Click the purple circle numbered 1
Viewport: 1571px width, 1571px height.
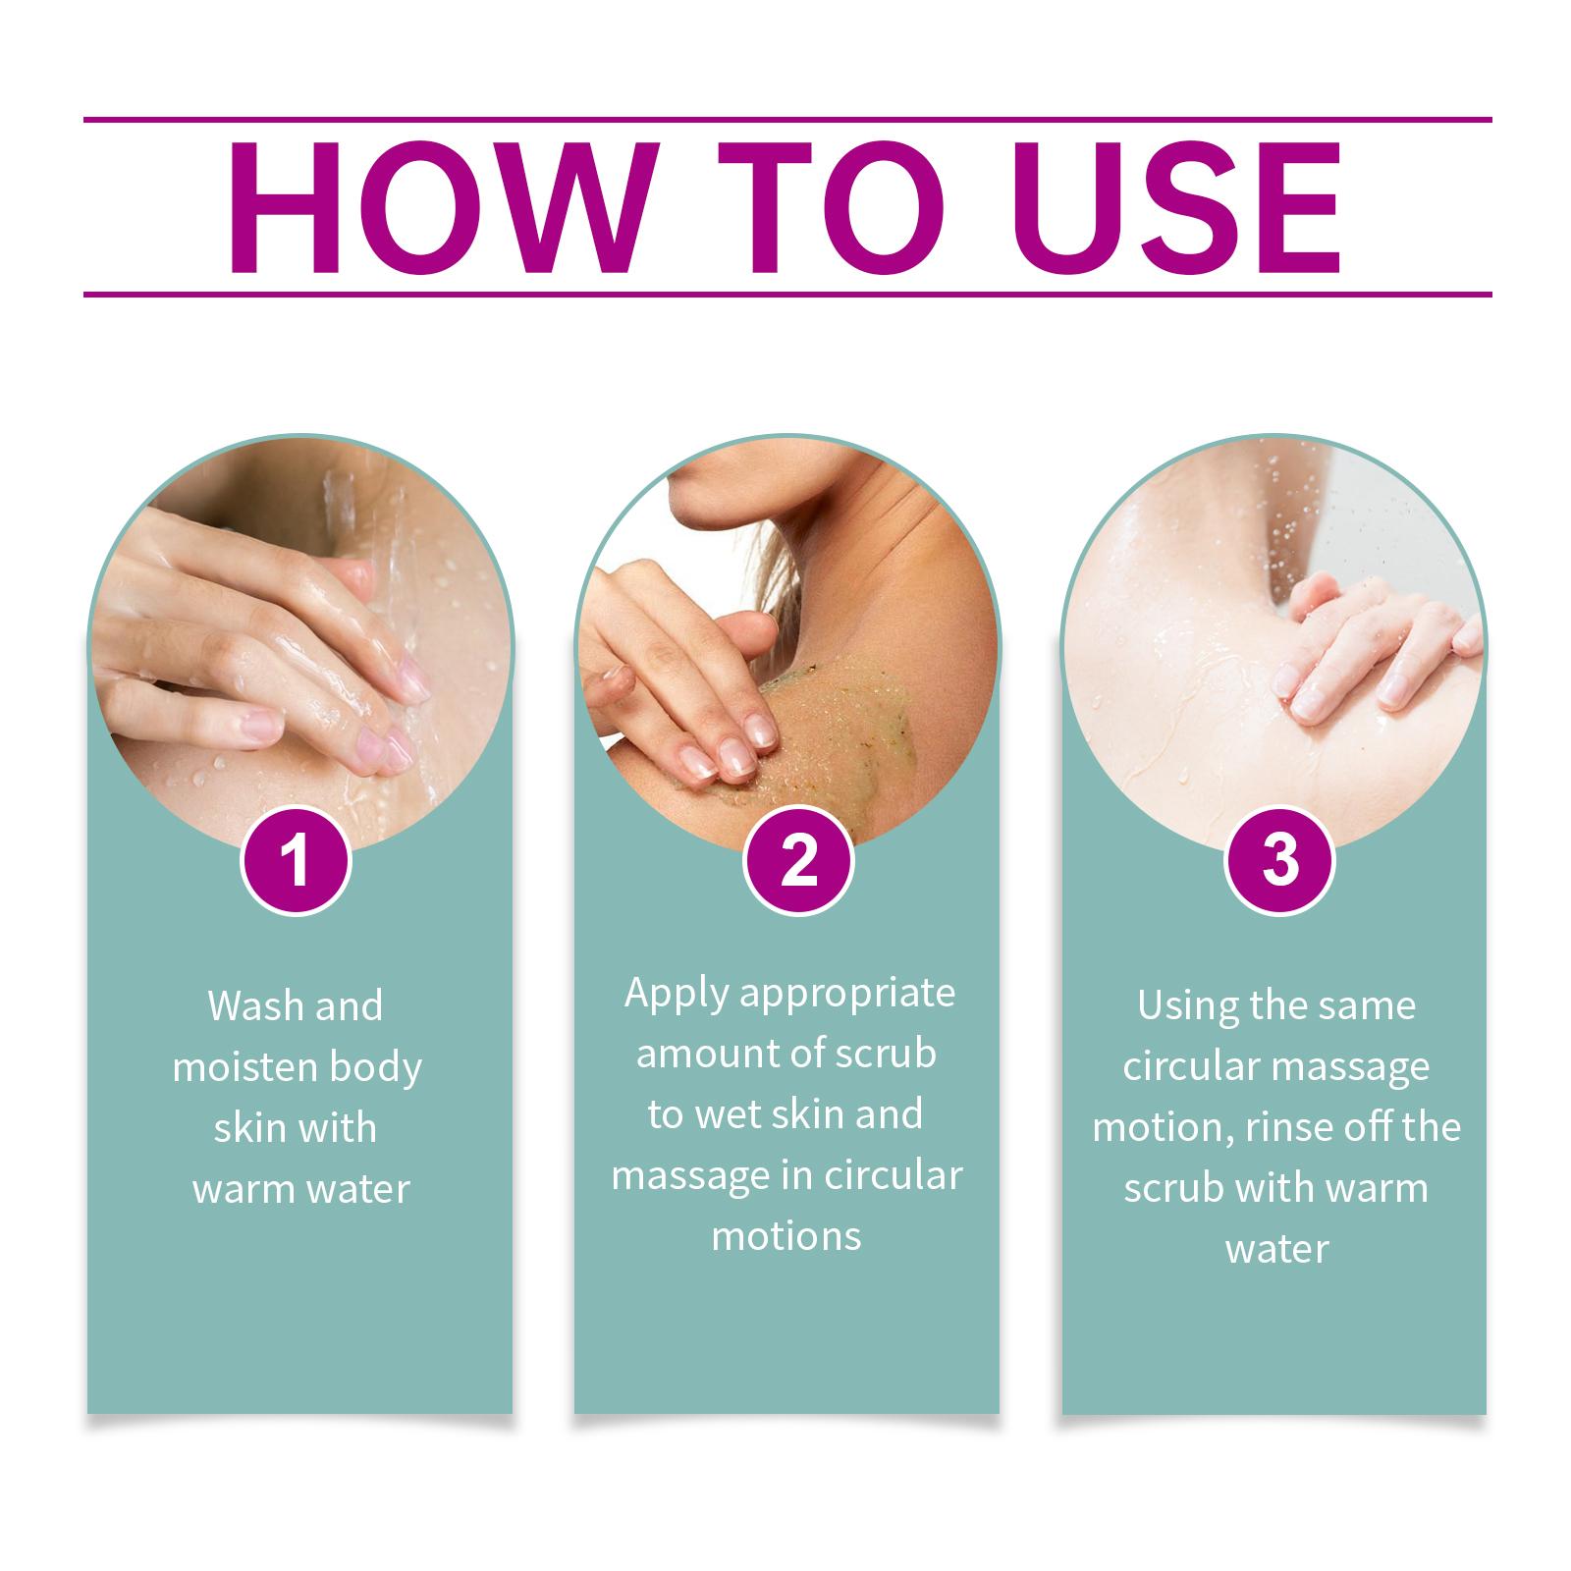(x=295, y=860)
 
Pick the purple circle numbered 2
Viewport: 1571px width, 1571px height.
(x=798, y=860)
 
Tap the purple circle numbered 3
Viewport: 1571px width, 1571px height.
(x=1279, y=860)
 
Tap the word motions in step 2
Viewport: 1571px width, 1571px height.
(x=786, y=1237)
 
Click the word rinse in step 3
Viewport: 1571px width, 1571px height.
(x=1290, y=1128)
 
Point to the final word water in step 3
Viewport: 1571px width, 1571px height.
(x=1277, y=1250)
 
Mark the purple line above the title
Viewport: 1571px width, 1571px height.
(x=787, y=120)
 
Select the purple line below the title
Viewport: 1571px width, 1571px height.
(x=787, y=294)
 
